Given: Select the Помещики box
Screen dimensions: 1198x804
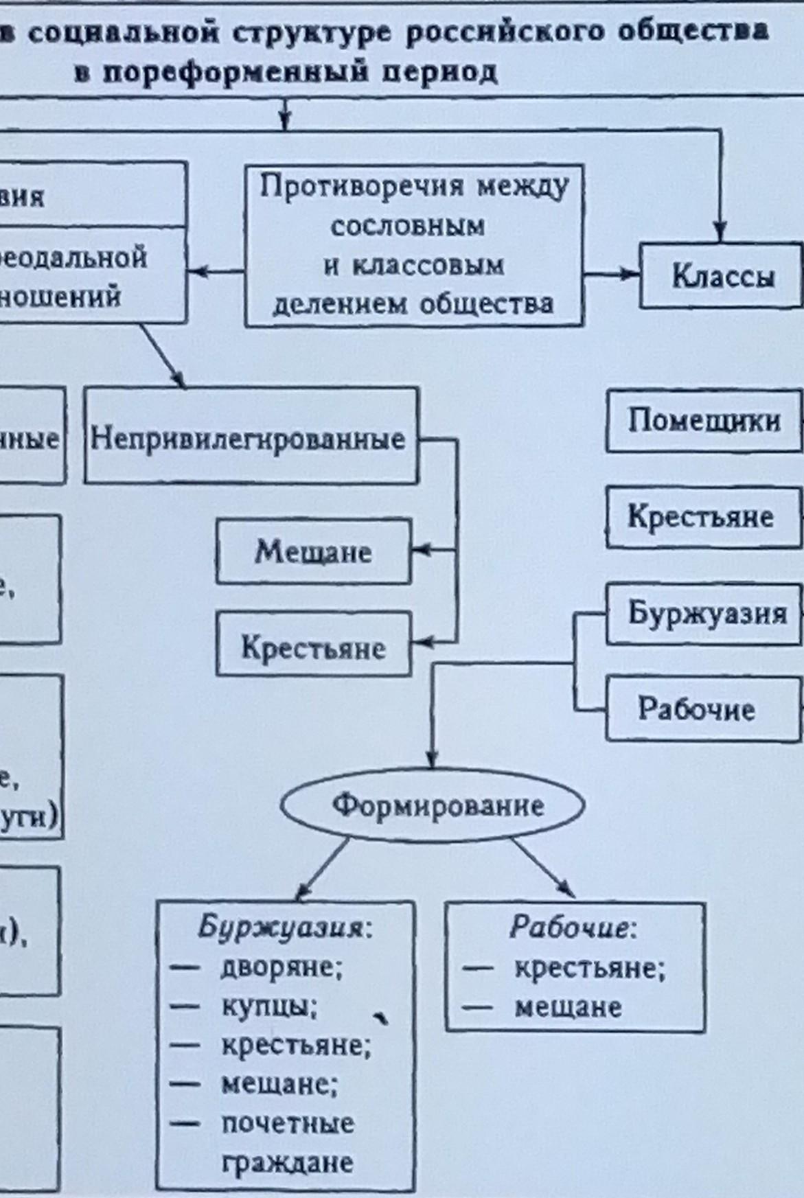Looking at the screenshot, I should (704, 421).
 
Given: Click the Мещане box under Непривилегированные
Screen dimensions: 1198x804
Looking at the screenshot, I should (314, 551).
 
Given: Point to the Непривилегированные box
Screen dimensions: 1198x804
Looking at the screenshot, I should (251, 437).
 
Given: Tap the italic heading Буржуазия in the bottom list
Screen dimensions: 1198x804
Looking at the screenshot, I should (279, 928).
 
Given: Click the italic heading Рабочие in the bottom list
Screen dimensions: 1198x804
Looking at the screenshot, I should (569, 928).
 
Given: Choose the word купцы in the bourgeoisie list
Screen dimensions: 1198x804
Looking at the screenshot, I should (268, 1006).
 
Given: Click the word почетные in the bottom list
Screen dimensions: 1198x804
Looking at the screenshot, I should (288, 1123).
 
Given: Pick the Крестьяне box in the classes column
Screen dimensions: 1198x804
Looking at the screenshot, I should (701, 516).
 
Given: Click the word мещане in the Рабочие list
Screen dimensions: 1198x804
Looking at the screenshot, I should (568, 1007).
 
